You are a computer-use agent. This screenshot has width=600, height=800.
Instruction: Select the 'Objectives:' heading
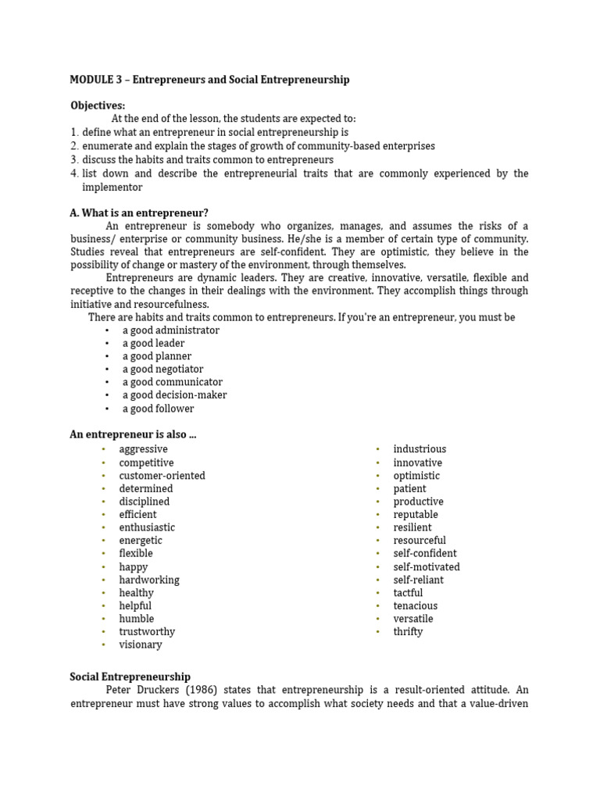pos(98,105)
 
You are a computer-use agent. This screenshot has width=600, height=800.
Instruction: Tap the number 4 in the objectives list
pos(74,173)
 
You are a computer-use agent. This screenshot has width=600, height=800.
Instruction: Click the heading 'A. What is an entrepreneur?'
pos(139,212)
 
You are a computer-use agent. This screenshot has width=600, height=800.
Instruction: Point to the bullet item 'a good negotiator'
pos(162,369)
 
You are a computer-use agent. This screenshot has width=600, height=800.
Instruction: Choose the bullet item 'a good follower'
pos(158,409)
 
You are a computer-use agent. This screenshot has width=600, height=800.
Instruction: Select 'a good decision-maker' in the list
pos(174,395)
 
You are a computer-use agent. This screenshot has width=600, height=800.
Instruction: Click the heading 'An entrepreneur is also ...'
pos(133,434)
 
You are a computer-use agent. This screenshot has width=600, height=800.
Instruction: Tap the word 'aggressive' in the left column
pos(143,449)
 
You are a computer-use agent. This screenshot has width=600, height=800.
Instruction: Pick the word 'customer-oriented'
pos(162,476)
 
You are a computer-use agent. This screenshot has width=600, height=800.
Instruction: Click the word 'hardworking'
pos(149,580)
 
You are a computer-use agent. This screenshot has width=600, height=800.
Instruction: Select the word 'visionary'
pos(141,645)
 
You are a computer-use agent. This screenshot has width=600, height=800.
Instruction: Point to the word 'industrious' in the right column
pos(420,449)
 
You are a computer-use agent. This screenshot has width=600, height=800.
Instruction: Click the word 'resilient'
pos(412,527)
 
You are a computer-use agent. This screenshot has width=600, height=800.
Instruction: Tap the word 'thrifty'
pos(408,631)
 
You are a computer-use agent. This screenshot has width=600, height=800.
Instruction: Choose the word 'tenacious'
pos(416,605)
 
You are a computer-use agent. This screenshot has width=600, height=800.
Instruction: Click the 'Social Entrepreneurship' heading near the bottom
pos(130,677)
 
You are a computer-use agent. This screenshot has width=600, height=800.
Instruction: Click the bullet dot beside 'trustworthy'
pos(102,632)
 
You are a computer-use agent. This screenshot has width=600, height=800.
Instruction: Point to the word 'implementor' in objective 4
pos(112,187)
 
